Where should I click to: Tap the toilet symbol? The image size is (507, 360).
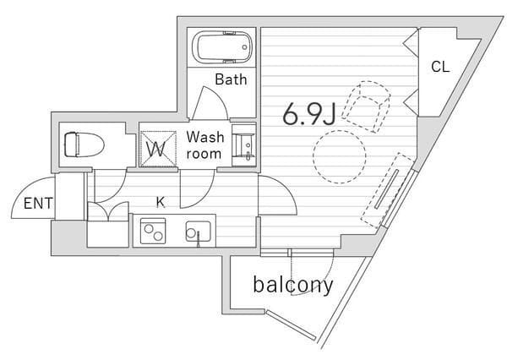tap(84, 145)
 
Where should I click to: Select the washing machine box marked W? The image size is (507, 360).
tap(158, 149)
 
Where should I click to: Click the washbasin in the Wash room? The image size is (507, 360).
tap(244, 145)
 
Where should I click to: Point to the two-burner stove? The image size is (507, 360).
tap(153, 231)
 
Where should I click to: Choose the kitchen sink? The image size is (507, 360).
tap(199, 232)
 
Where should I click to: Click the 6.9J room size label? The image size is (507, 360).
tap(309, 115)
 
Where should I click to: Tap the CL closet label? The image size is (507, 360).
tap(440, 67)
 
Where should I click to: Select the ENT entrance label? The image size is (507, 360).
tap(38, 204)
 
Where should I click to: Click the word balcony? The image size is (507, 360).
tap(293, 285)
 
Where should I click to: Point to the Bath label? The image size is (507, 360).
tap(231, 79)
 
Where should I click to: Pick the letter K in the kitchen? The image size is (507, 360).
tap(161, 202)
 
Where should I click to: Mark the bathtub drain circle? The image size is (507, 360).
tap(245, 47)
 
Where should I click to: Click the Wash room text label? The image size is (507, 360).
tap(204, 145)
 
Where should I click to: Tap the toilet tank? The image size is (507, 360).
tap(71, 145)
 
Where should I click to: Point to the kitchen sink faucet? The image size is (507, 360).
tap(198, 238)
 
